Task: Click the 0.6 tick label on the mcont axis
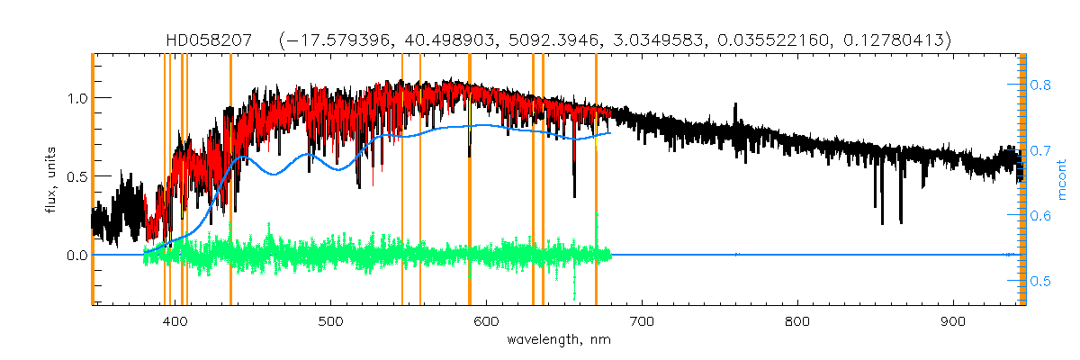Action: coord(1040,216)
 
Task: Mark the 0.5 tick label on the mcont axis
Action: coord(1040,282)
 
